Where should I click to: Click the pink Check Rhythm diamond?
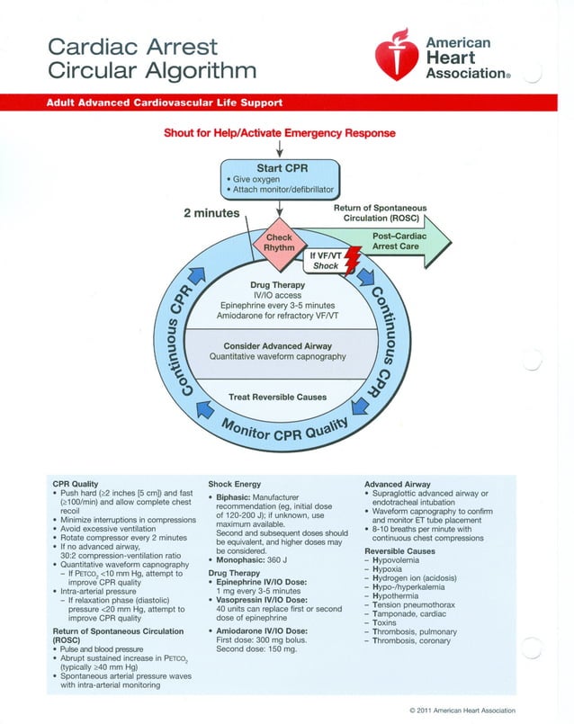(x=279, y=241)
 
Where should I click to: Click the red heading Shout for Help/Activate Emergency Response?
(x=279, y=133)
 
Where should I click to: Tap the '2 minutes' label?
(x=211, y=213)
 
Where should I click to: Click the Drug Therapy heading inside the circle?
(x=279, y=286)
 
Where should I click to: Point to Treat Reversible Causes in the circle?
(x=278, y=397)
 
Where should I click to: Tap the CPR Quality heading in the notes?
(x=76, y=484)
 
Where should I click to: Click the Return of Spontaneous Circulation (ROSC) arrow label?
(x=380, y=213)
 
